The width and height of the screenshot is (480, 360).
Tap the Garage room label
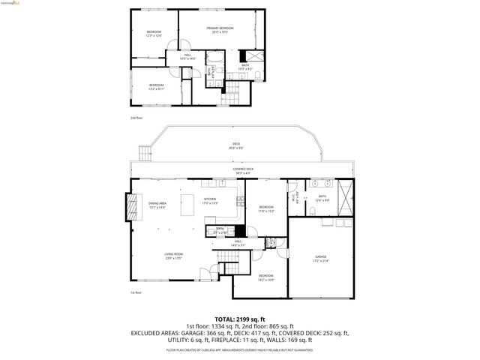tap(320, 259)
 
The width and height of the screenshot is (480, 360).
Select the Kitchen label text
tap(210, 200)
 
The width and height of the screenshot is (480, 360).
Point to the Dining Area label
tap(157, 205)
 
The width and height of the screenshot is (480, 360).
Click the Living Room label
tap(174, 256)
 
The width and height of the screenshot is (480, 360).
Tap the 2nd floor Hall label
tap(177, 56)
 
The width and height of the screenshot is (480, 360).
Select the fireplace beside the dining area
tap(133, 206)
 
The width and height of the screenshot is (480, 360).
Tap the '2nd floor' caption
tap(136, 118)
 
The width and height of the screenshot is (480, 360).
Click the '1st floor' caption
tap(136, 292)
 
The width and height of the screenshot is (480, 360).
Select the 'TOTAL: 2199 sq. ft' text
tap(239, 319)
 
